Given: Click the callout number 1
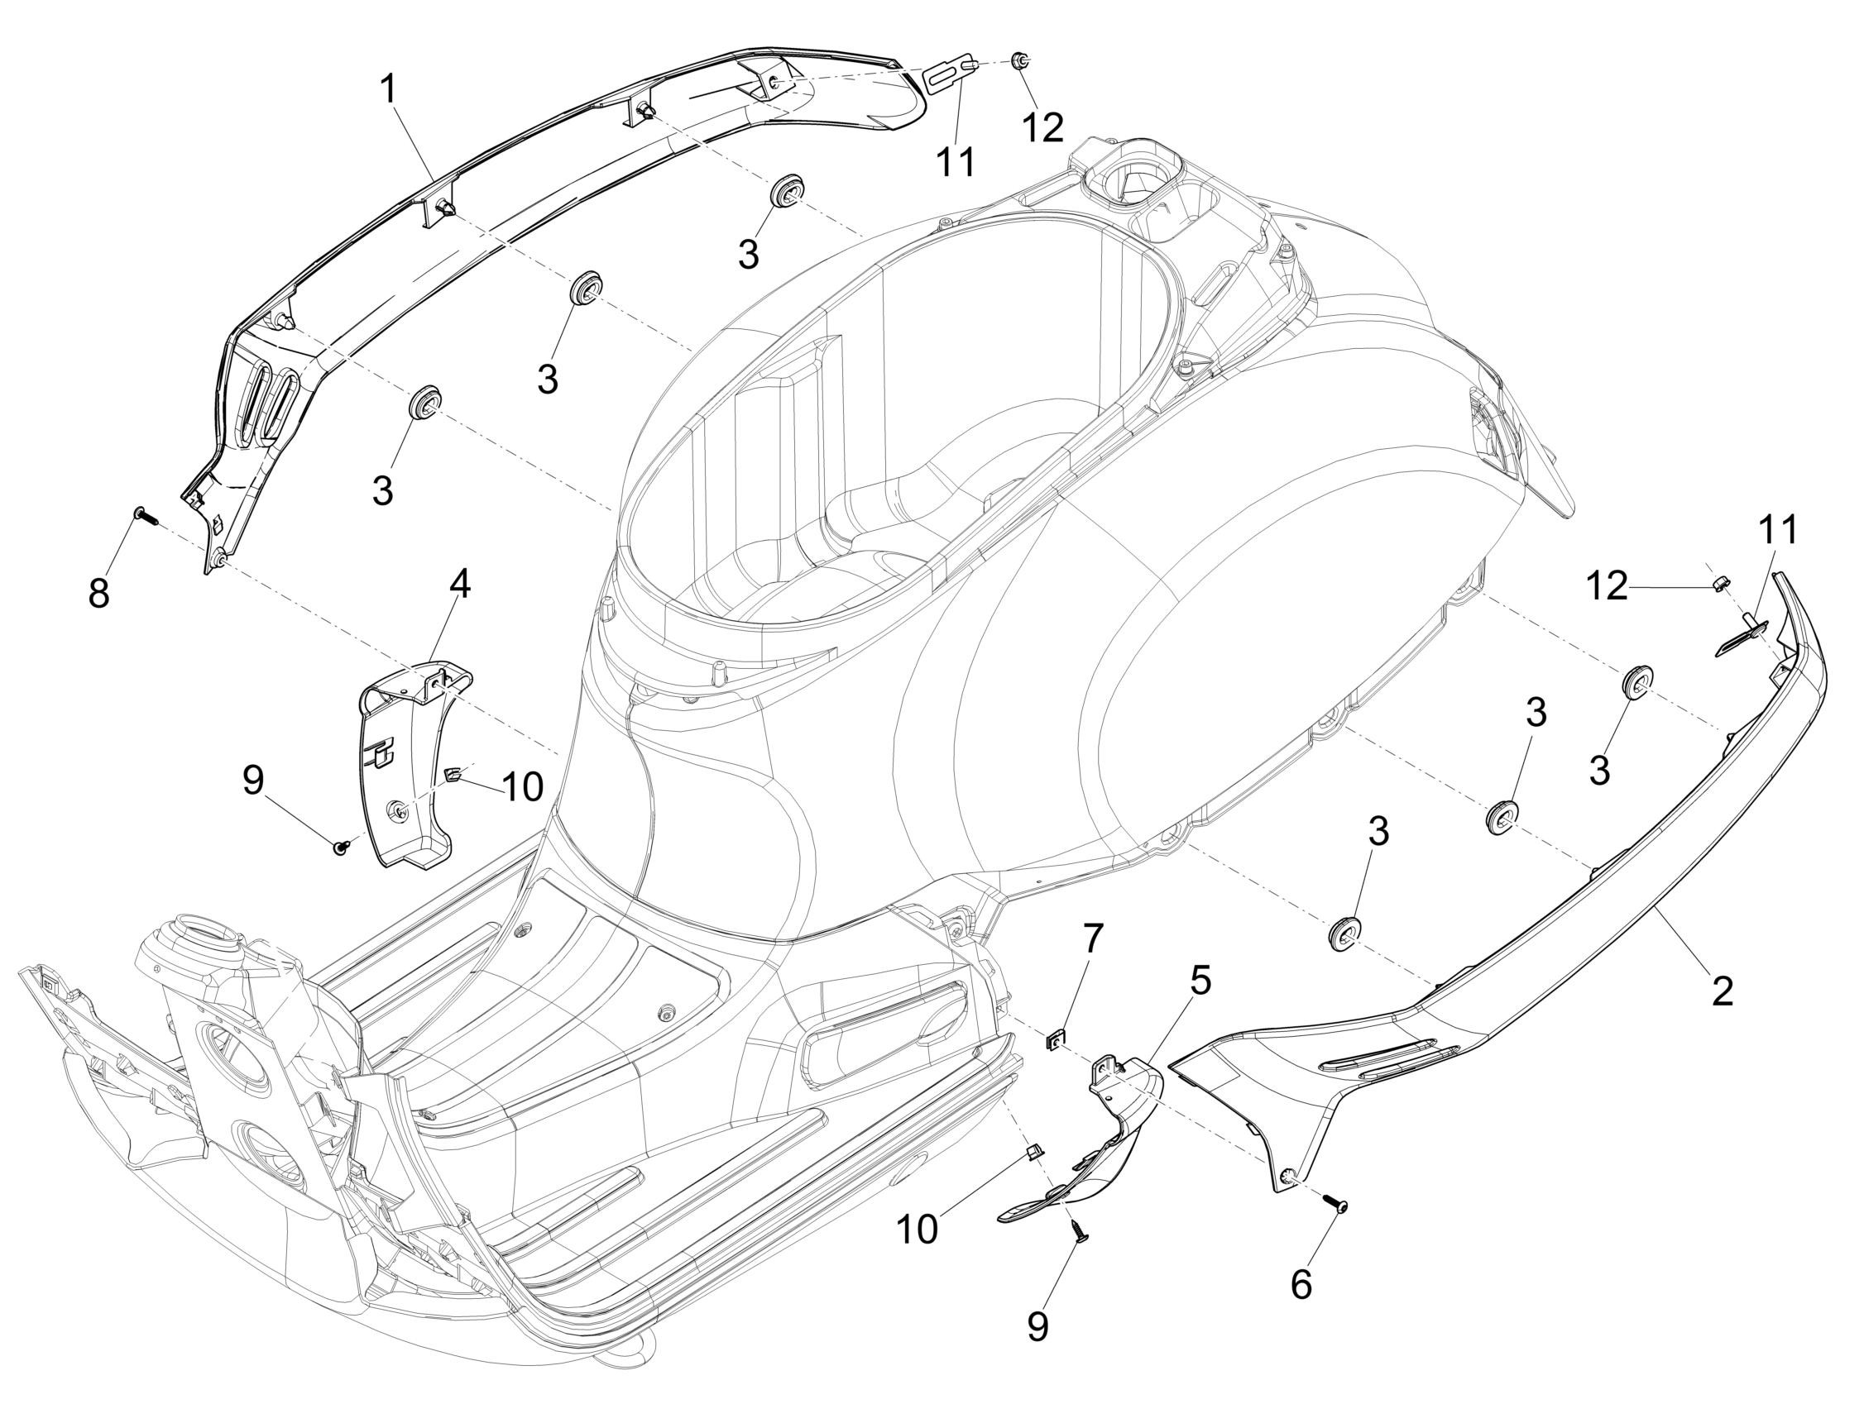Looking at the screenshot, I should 389,89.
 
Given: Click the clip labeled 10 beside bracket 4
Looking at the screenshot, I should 453,772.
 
